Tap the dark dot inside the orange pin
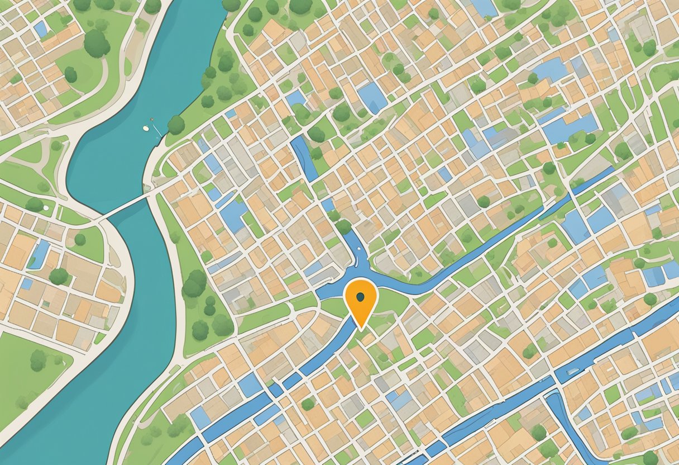[x=361, y=296]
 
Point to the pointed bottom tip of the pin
[x=361, y=327]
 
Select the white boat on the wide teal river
[x=146, y=128]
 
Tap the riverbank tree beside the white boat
[x=176, y=125]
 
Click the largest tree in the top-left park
[x=97, y=43]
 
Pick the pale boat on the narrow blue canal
[x=572, y=371]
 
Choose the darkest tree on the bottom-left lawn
[x=38, y=360]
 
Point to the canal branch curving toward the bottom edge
[x=564, y=425]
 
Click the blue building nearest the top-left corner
[x=40, y=29]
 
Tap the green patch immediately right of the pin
[x=391, y=302]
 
